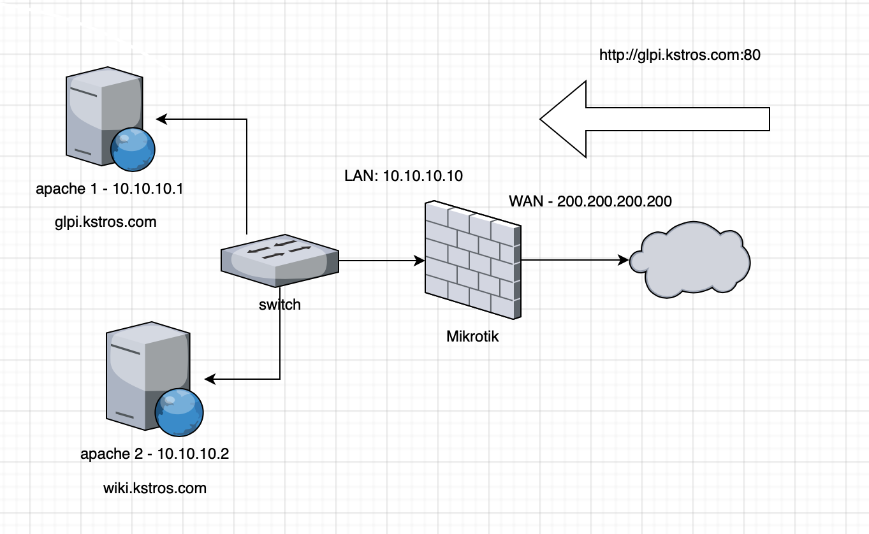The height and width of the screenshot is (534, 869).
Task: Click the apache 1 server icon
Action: pyautogui.click(x=102, y=115)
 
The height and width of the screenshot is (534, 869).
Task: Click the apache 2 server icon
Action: pyautogui.click(x=143, y=376)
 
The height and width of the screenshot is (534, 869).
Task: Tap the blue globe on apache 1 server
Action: pyautogui.click(x=133, y=150)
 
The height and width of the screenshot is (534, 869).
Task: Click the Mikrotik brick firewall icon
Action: pyautogui.click(x=473, y=260)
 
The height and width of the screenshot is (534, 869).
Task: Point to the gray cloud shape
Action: pyautogui.click(x=690, y=259)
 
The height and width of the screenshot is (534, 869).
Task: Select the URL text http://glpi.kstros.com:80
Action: pyautogui.click(x=680, y=55)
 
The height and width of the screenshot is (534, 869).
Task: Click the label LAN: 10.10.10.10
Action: pyautogui.click(x=403, y=177)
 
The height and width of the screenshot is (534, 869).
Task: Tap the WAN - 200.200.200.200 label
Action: pyautogui.click(x=590, y=201)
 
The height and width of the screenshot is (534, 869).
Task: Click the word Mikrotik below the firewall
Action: pyautogui.click(x=472, y=336)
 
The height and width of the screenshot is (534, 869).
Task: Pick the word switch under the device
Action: pyautogui.click(x=279, y=305)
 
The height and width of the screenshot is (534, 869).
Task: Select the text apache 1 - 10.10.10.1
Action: pyautogui.click(x=110, y=189)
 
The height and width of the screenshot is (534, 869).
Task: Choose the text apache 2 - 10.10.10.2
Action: pyautogui.click(x=154, y=454)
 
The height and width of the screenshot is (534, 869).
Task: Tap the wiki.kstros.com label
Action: pyautogui.click(x=155, y=488)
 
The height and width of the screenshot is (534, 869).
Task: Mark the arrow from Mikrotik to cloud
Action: pyautogui.click(x=574, y=260)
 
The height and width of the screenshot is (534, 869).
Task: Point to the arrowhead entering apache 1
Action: pyautogui.click(x=161, y=119)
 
